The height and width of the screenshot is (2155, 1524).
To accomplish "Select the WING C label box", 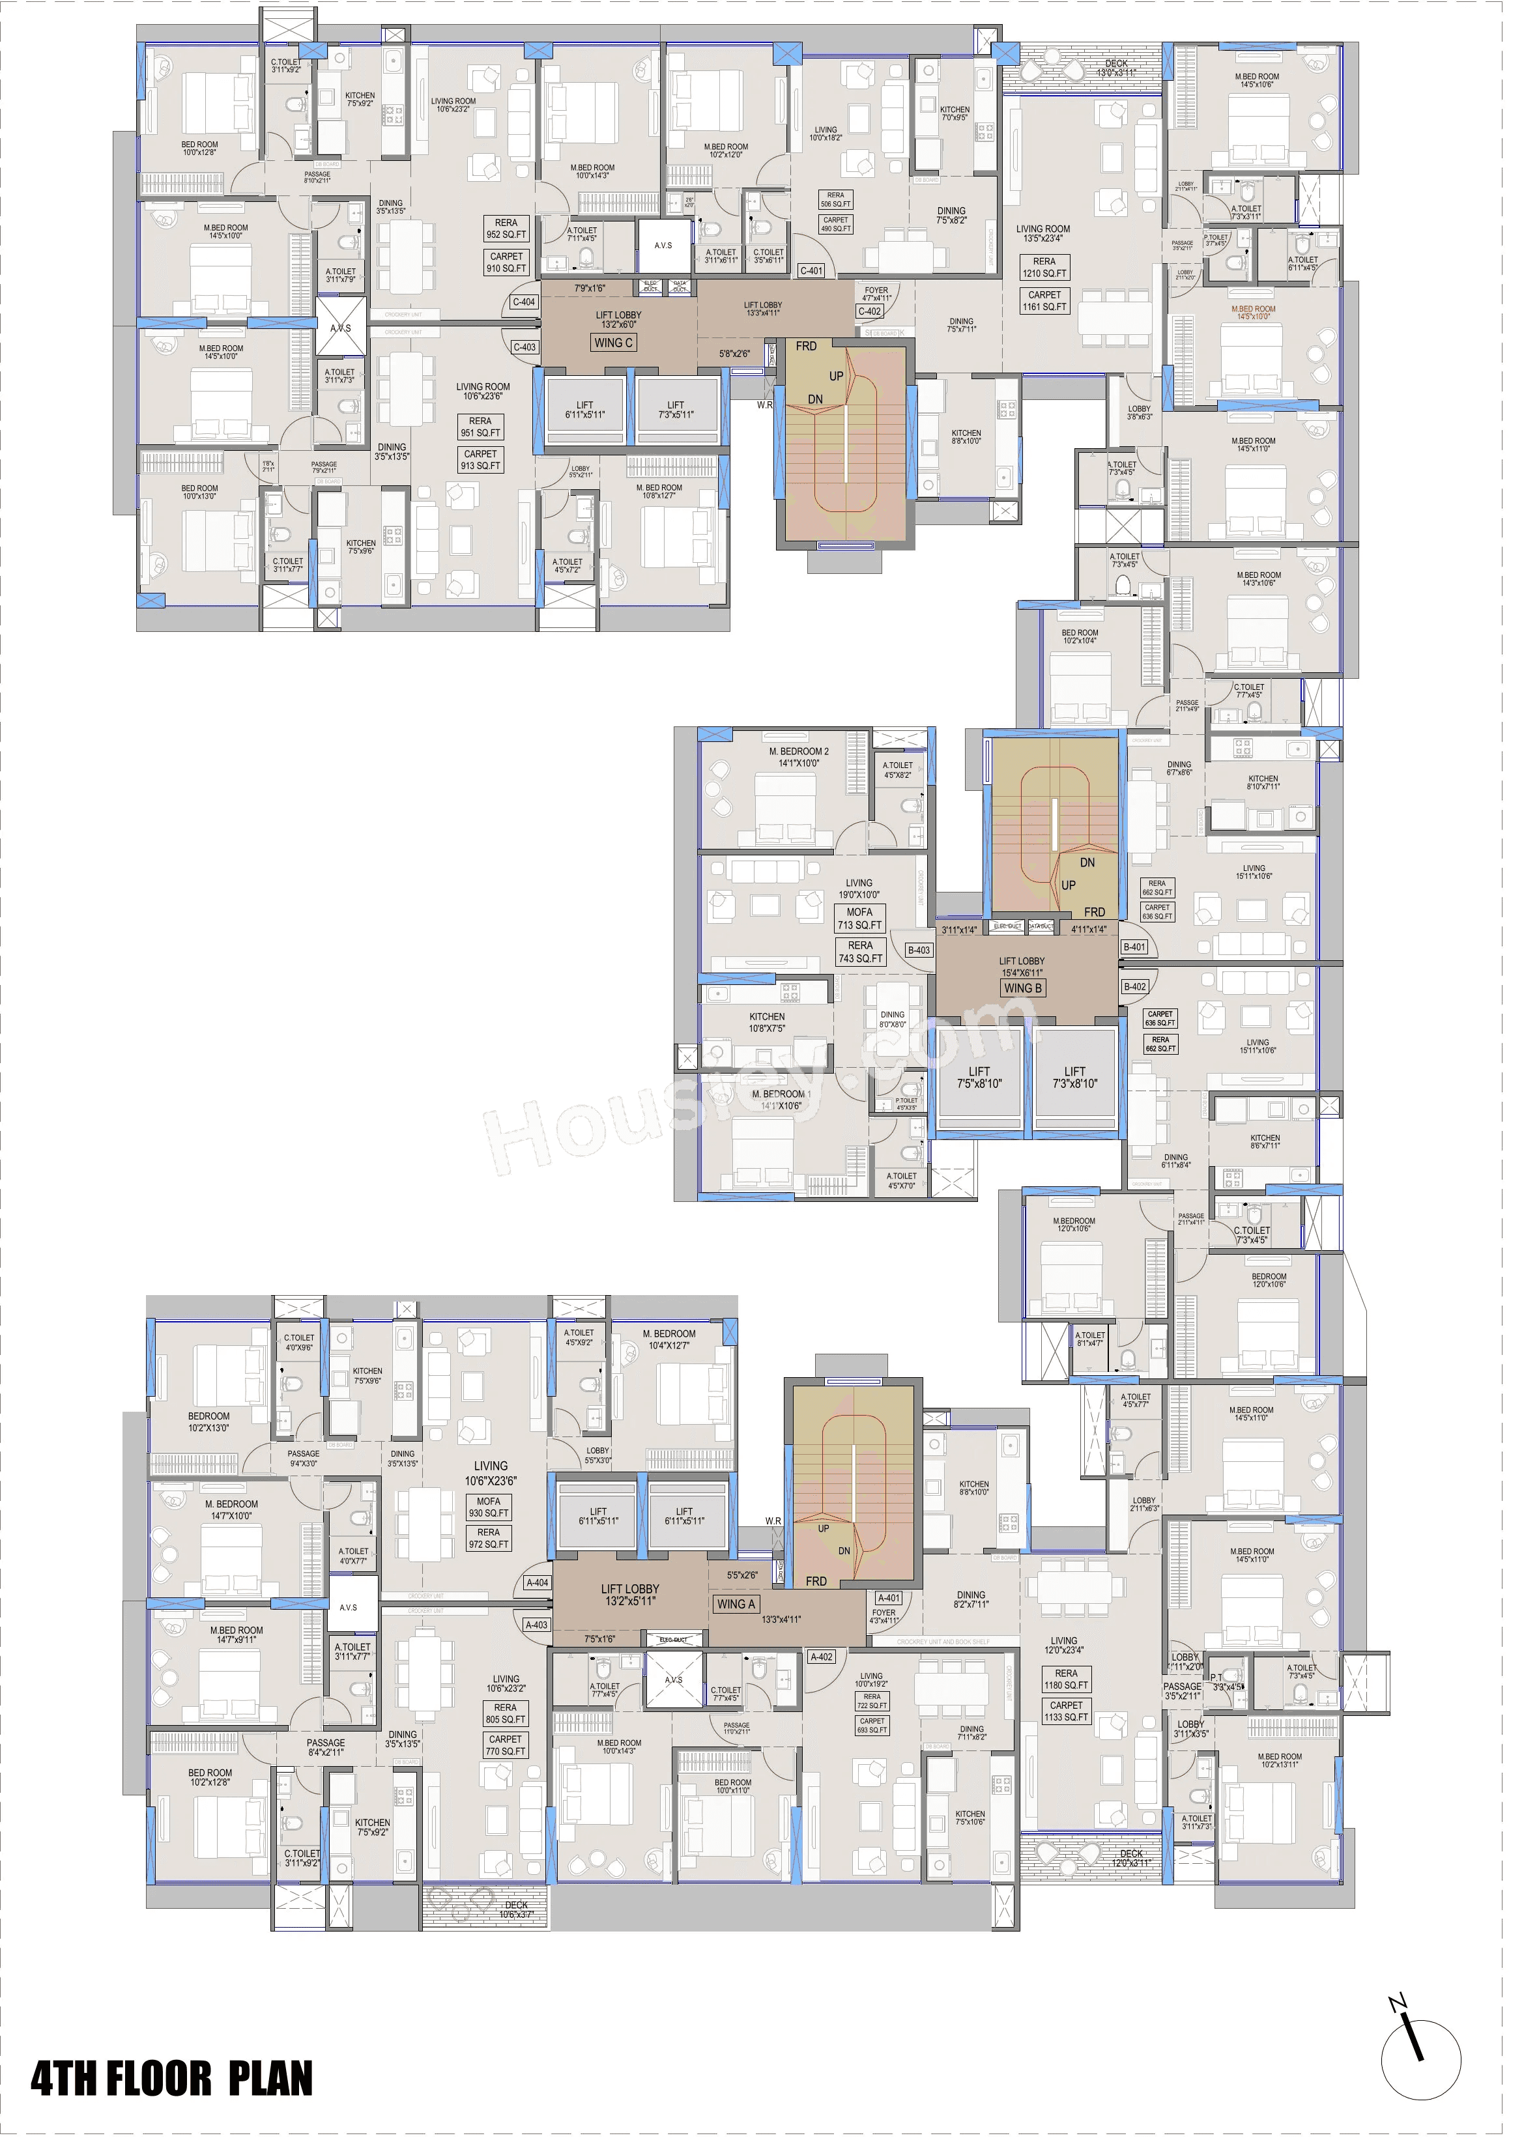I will [x=613, y=343].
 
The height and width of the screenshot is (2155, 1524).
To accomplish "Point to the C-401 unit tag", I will [x=811, y=271].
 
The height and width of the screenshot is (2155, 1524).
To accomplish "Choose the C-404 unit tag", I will [x=524, y=302].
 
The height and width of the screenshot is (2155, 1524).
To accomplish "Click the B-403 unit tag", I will [x=918, y=950].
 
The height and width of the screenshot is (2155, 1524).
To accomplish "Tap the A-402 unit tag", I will [x=822, y=1657].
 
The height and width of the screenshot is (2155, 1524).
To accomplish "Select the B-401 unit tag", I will [x=1134, y=947].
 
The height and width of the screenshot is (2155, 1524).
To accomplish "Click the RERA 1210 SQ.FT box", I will [x=1044, y=268].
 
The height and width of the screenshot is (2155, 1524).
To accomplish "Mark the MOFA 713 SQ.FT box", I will [x=860, y=918].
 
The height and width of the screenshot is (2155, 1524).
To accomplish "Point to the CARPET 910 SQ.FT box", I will [x=506, y=262].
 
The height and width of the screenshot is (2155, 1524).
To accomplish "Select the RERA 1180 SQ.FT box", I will [x=1066, y=1679].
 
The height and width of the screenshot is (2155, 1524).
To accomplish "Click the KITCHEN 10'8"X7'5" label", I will [x=766, y=1022].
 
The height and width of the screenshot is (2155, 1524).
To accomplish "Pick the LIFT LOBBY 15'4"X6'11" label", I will [x=1022, y=967].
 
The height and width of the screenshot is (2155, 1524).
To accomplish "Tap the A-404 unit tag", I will [x=537, y=1582].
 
